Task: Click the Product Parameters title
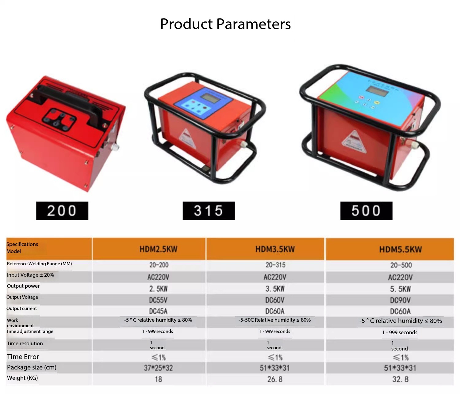pos(225,24)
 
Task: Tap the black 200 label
pos(62,210)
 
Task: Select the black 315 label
pos(209,210)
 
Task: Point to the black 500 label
pos(366,210)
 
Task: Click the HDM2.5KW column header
pos(158,249)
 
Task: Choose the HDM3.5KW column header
pos(275,249)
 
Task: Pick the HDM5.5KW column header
pos(401,249)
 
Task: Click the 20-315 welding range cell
pos(275,265)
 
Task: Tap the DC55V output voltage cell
pos(158,300)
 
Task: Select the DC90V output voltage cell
pos(400,300)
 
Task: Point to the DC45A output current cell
pos(158,311)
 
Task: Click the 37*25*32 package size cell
pos(158,368)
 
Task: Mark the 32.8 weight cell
pos(401,379)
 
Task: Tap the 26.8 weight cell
pos(275,379)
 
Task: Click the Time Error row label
pos(23,357)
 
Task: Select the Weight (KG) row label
pos(22,378)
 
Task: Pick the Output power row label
pos(23,286)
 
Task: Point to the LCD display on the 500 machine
pos(377,91)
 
